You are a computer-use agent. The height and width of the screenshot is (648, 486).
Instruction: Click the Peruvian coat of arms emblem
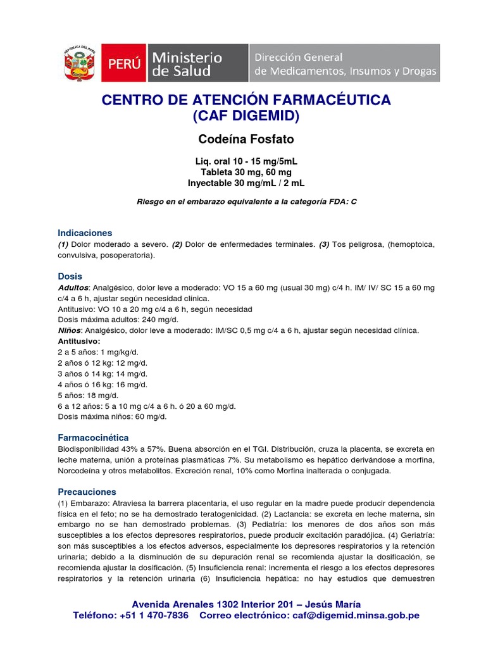pos(79,63)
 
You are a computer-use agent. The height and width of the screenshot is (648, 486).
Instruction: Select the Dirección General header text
pos(299,57)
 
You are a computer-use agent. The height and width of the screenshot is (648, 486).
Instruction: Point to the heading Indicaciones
pos(85,233)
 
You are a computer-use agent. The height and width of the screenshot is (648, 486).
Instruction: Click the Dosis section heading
pos(70,277)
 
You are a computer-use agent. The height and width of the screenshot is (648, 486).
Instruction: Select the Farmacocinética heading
pos(93,437)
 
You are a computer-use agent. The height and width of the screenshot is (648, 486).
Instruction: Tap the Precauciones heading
pos(87,491)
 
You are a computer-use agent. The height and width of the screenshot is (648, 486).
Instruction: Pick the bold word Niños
pos(69,330)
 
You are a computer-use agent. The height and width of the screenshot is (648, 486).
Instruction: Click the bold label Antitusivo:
pos(84,341)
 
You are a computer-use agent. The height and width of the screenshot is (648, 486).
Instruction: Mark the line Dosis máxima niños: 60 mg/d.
pos(112,416)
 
